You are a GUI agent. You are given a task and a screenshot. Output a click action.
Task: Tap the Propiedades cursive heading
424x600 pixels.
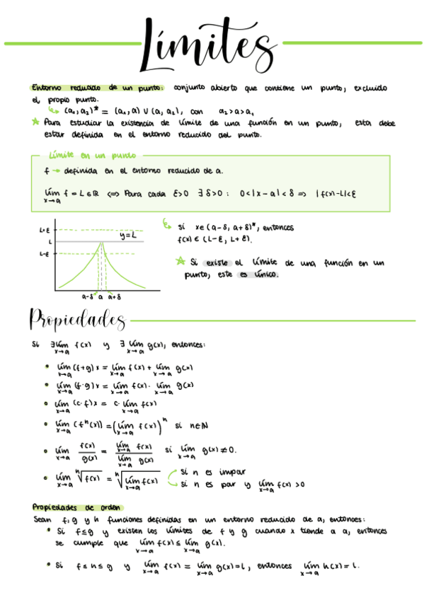click(x=76, y=320)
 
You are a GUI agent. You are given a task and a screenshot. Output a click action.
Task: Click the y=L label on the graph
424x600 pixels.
click(x=128, y=235)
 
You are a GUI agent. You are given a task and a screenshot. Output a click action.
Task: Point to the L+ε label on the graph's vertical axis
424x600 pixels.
click(x=44, y=231)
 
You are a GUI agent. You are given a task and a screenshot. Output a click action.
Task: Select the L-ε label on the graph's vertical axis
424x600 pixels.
click(x=44, y=253)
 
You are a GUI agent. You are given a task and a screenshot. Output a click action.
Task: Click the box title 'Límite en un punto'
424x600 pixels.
click(x=92, y=155)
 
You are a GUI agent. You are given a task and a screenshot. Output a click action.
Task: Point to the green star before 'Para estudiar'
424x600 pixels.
click(x=36, y=122)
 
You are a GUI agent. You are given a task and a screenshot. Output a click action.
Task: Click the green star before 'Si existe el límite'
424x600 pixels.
click(x=182, y=262)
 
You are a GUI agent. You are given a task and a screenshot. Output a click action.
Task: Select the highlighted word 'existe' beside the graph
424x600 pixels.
click(x=217, y=263)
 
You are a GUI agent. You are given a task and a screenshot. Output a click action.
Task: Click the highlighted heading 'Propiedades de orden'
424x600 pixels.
click(x=77, y=507)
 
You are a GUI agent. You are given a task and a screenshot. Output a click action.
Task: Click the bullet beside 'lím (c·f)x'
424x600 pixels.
click(x=46, y=405)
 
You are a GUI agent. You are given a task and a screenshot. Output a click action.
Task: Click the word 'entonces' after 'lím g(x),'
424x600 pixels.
click(x=188, y=345)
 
